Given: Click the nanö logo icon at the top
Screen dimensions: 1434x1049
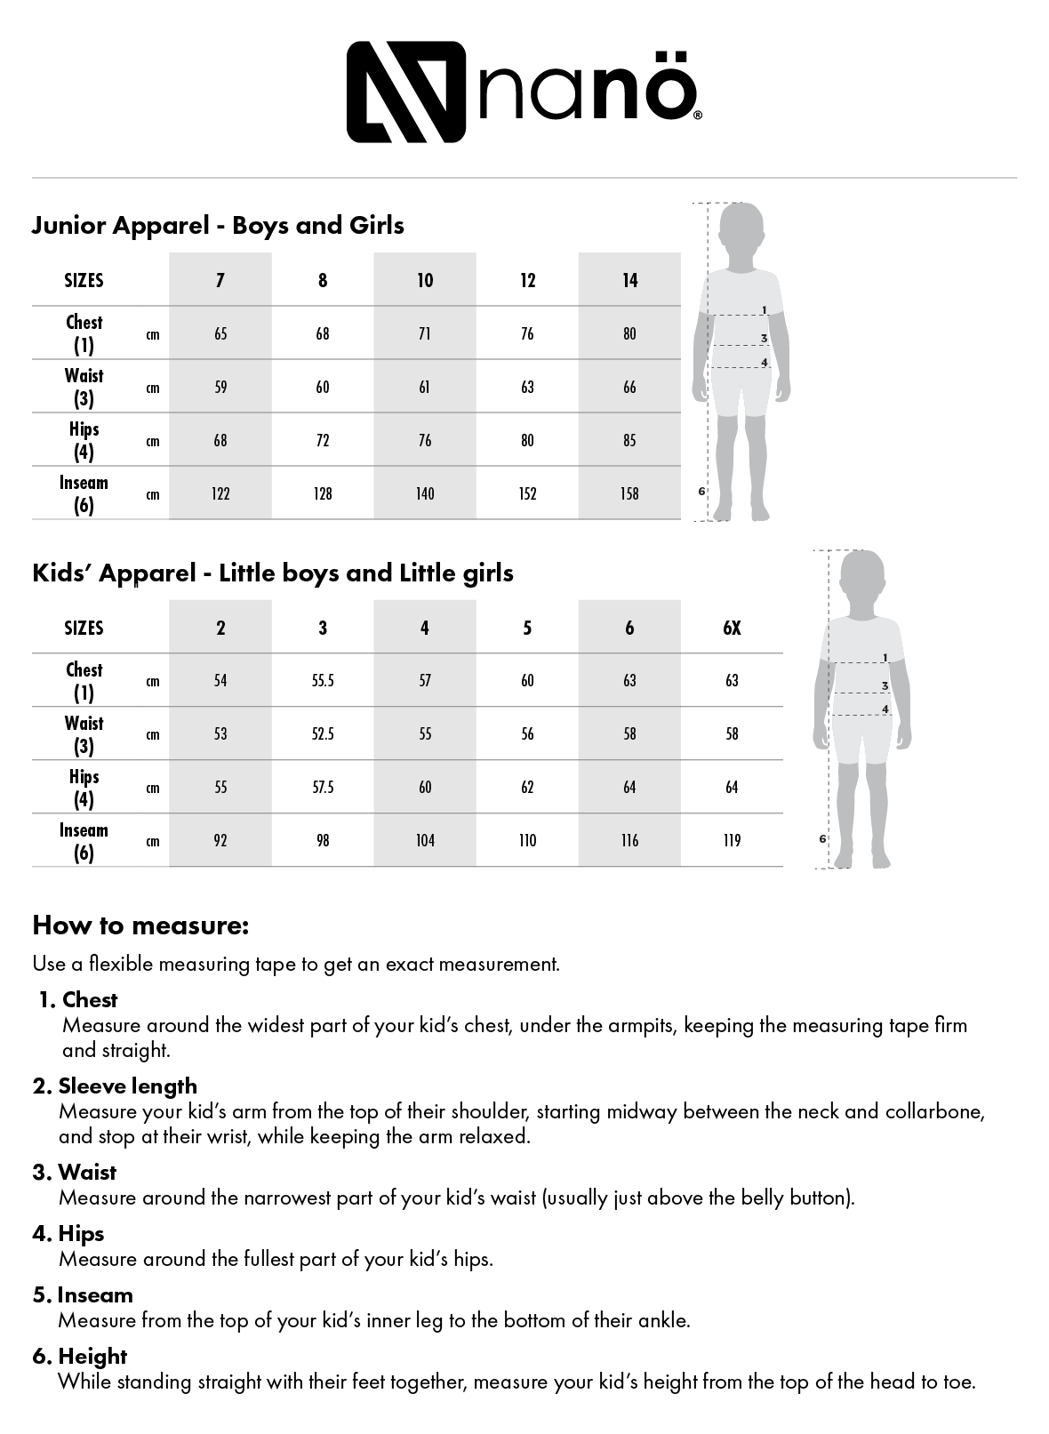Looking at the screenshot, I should (x=405, y=92).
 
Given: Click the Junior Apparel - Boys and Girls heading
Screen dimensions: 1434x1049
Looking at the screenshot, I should (x=218, y=226).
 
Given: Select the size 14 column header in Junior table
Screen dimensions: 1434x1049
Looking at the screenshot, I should (x=629, y=281).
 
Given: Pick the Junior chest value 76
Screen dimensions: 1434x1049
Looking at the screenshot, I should (x=527, y=334).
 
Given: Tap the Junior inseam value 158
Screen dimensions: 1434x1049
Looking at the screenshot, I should (x=629, y=494).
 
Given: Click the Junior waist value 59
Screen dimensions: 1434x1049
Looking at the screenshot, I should (x=220, y=388).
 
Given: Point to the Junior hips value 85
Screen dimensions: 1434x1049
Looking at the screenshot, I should (x=629, y=441).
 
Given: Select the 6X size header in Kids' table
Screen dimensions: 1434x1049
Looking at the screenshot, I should (x=732, y=629).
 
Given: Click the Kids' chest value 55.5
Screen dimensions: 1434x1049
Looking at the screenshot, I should (x=323, y=681).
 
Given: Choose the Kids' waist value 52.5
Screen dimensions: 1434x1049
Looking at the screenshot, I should (x=323, y=734).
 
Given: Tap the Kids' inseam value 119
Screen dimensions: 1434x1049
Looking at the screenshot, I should (x=732, y=841).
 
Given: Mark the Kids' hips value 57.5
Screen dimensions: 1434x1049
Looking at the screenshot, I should (x=323, y=788).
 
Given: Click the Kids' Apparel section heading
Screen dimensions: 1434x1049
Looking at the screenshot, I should (x=273, y=573).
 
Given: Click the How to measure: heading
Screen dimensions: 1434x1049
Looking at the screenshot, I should (x=140, y=926).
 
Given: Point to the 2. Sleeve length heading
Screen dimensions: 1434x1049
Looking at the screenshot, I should (x=116, y=1086).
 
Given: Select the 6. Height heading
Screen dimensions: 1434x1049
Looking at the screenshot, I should (x=81, y=1357).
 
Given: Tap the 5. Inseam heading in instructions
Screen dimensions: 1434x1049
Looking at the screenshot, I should (x=84, y=1295).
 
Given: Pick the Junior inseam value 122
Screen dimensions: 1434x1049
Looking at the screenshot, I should (x=220, y=494).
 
